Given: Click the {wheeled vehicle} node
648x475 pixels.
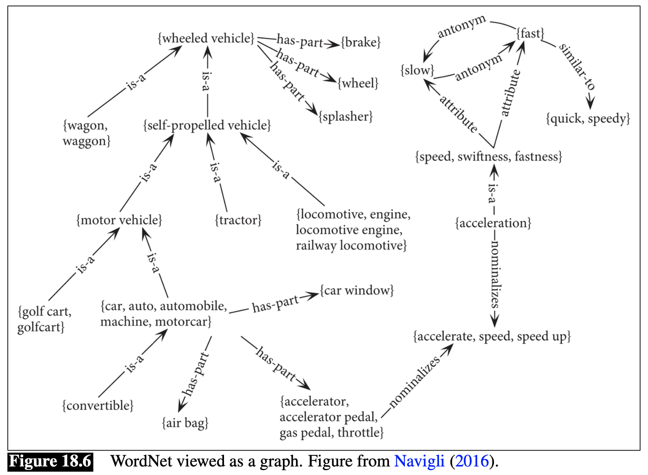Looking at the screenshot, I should tap(206, 39).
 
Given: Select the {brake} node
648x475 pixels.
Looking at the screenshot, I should tap(361, 42).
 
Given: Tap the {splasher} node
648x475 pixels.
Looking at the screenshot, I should tap(346, 117).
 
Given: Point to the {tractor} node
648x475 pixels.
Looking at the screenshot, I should tap(238, 220).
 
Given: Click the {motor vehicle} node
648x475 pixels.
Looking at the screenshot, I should tap(119, 220).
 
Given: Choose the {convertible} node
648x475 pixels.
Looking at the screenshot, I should tap(98, 405).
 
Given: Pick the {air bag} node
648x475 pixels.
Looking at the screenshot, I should tap(185, 423).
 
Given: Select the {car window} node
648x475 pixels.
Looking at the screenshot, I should tap(357, 291).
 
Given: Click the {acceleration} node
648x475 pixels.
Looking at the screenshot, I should tap(493, 223).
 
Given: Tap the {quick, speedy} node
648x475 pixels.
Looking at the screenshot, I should tap(588, 119).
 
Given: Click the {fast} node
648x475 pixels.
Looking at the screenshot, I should tap(530, 33).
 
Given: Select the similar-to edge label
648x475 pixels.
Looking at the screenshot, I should tap(577, 66).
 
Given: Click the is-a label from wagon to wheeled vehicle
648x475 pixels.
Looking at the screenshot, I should tap(136, 82).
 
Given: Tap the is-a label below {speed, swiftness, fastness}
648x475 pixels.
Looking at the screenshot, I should tap(493, 194).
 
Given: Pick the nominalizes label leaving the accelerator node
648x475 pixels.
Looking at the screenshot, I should tap(415, 382).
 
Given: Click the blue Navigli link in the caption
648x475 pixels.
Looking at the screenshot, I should tap(419, 461).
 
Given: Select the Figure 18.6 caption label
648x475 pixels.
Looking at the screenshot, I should tap(50, 462).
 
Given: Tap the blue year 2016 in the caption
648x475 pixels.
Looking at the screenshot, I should tap(472, 461).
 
